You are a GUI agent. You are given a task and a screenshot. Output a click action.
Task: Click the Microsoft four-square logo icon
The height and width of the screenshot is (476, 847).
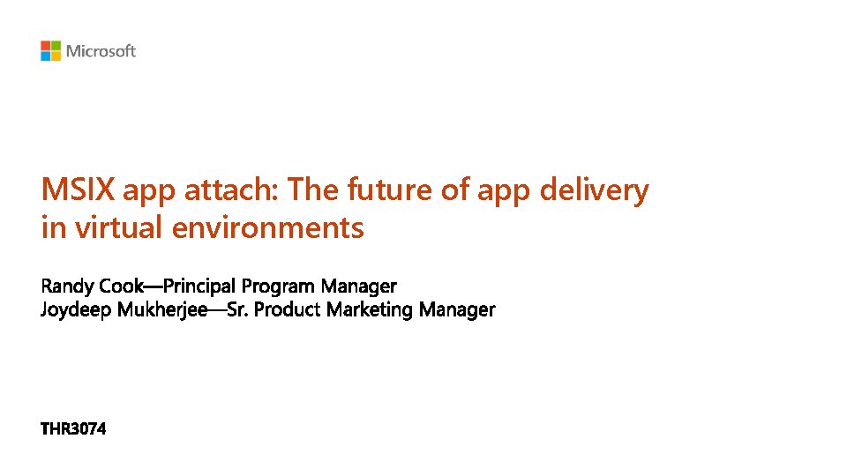pyautogui.click(x=50, y=51)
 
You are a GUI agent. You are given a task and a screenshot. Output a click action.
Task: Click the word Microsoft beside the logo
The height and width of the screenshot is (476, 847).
pyautogui.click(x=101, y=51)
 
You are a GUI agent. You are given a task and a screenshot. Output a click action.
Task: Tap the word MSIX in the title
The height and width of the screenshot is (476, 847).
pyautogui.click(x=79, y=190)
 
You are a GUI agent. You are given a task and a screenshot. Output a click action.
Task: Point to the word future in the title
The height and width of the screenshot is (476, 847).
pyautogui.click(x=391, y=190)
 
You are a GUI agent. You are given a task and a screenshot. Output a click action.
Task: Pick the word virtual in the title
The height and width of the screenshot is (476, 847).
pyautogui.click(x=119, y=228)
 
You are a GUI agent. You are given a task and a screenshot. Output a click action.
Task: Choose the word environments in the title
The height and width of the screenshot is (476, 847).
pyautogui.click(x=268, y=228)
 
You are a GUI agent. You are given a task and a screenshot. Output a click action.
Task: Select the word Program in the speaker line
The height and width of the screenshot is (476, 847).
pyautogui.click(x=278, y=286)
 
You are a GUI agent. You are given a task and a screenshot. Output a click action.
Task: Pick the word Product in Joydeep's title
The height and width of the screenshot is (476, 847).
pyautogui.click(x=289, y=310)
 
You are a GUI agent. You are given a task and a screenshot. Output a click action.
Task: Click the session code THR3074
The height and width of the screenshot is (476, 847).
pyautogui.click(x=73, y=430)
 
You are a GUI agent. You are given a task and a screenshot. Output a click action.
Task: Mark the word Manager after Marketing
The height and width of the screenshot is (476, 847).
pyautogui.click(x=457, y=310)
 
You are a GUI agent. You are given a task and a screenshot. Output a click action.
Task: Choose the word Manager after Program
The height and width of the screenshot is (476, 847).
pyautogui.click(x=359, y=286)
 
